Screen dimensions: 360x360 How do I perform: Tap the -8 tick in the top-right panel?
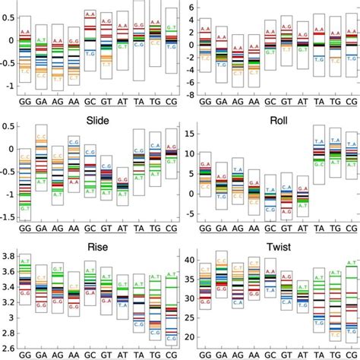point(191,96)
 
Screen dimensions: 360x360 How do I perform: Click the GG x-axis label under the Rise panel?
point(26,354)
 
